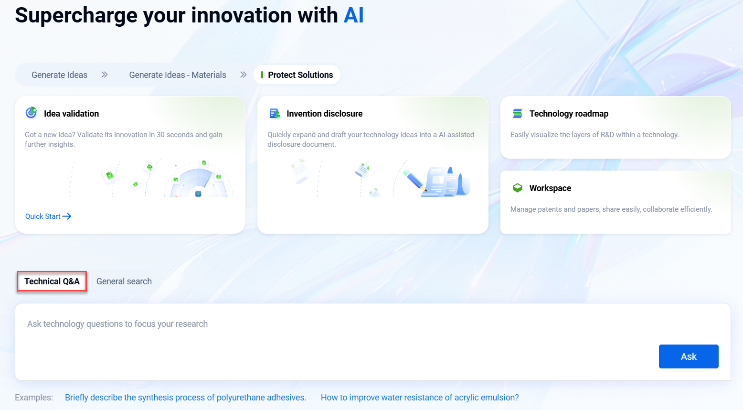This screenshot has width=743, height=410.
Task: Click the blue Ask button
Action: (689, 356)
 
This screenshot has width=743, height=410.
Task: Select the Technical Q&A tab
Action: (52, 281)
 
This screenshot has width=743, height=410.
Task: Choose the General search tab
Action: (124, 281)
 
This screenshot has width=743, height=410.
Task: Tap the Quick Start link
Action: (48, 216)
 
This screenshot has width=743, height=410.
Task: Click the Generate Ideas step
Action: (59, 75)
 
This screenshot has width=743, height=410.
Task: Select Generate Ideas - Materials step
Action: (178, 75)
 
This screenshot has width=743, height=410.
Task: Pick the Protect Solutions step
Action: (297, 75)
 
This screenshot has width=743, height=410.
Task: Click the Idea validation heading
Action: (71, 114)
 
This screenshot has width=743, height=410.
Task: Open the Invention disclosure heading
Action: (324, 114)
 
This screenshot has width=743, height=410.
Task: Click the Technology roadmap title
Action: (569, 114)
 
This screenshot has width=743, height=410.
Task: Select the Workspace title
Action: (550, 188)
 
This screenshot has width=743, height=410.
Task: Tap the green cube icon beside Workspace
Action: (518, 188)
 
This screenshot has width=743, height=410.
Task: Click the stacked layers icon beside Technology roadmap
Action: (518, 113)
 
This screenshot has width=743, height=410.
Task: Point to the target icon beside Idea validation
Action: (31, 113)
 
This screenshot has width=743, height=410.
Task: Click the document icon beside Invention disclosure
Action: (275, 113)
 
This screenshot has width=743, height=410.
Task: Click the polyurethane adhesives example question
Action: (185, 398)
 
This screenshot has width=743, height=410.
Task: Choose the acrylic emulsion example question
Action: (420, 398)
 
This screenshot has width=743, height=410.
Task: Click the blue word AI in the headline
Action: (353, 15)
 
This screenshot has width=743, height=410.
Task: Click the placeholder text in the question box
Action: (117, 324)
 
